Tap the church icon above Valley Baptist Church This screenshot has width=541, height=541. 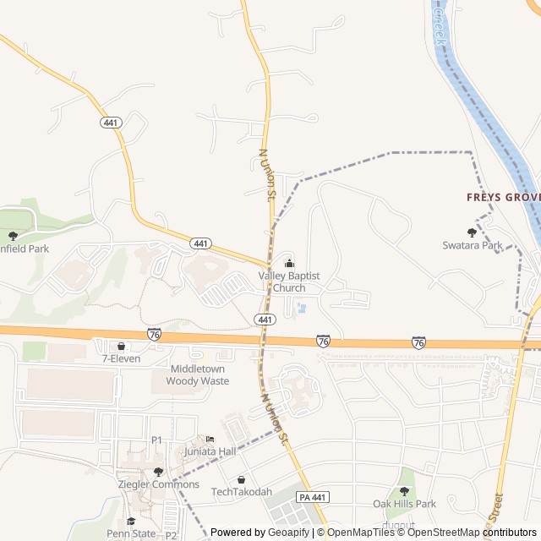[x=289, y=263]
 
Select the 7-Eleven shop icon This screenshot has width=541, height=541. [x=121, y=346]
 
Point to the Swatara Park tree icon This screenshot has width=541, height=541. [x=472, y=232]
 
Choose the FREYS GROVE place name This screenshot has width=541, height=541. [x=503, y=197]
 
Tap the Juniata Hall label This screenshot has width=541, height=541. [x=210, y=451]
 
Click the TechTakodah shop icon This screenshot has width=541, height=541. [x=242, y=479]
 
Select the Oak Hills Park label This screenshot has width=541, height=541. [x=404, y=504]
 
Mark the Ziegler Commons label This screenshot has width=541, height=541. [x=159, y=484]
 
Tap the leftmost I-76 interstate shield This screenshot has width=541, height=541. [x=154, y=336]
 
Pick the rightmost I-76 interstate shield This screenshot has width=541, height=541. [x=419, y=342]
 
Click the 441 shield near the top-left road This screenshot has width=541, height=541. [x=111, y=123]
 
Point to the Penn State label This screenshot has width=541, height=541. [x=130, y=533]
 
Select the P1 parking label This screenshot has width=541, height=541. [x=156, y=440]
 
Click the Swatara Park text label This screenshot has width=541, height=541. [x=473, y=245]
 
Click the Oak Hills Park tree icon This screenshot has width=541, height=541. [x=403, y=491]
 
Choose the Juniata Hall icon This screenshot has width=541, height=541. [x=210, y=439]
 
